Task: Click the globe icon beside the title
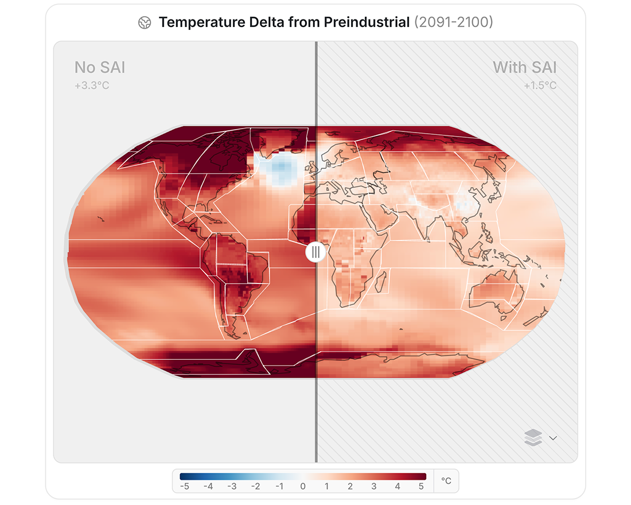145,23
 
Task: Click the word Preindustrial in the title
367,22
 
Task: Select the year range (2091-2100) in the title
453,22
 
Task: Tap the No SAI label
100,68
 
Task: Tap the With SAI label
524,68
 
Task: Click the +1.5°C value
540,86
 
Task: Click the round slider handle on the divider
315,252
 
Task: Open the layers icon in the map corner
533,437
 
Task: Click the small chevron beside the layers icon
553,438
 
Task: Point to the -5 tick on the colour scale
184,486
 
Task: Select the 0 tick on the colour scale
303,486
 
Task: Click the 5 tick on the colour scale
421,486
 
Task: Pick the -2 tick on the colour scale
255,486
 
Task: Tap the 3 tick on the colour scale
374,486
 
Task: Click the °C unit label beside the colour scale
446,481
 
